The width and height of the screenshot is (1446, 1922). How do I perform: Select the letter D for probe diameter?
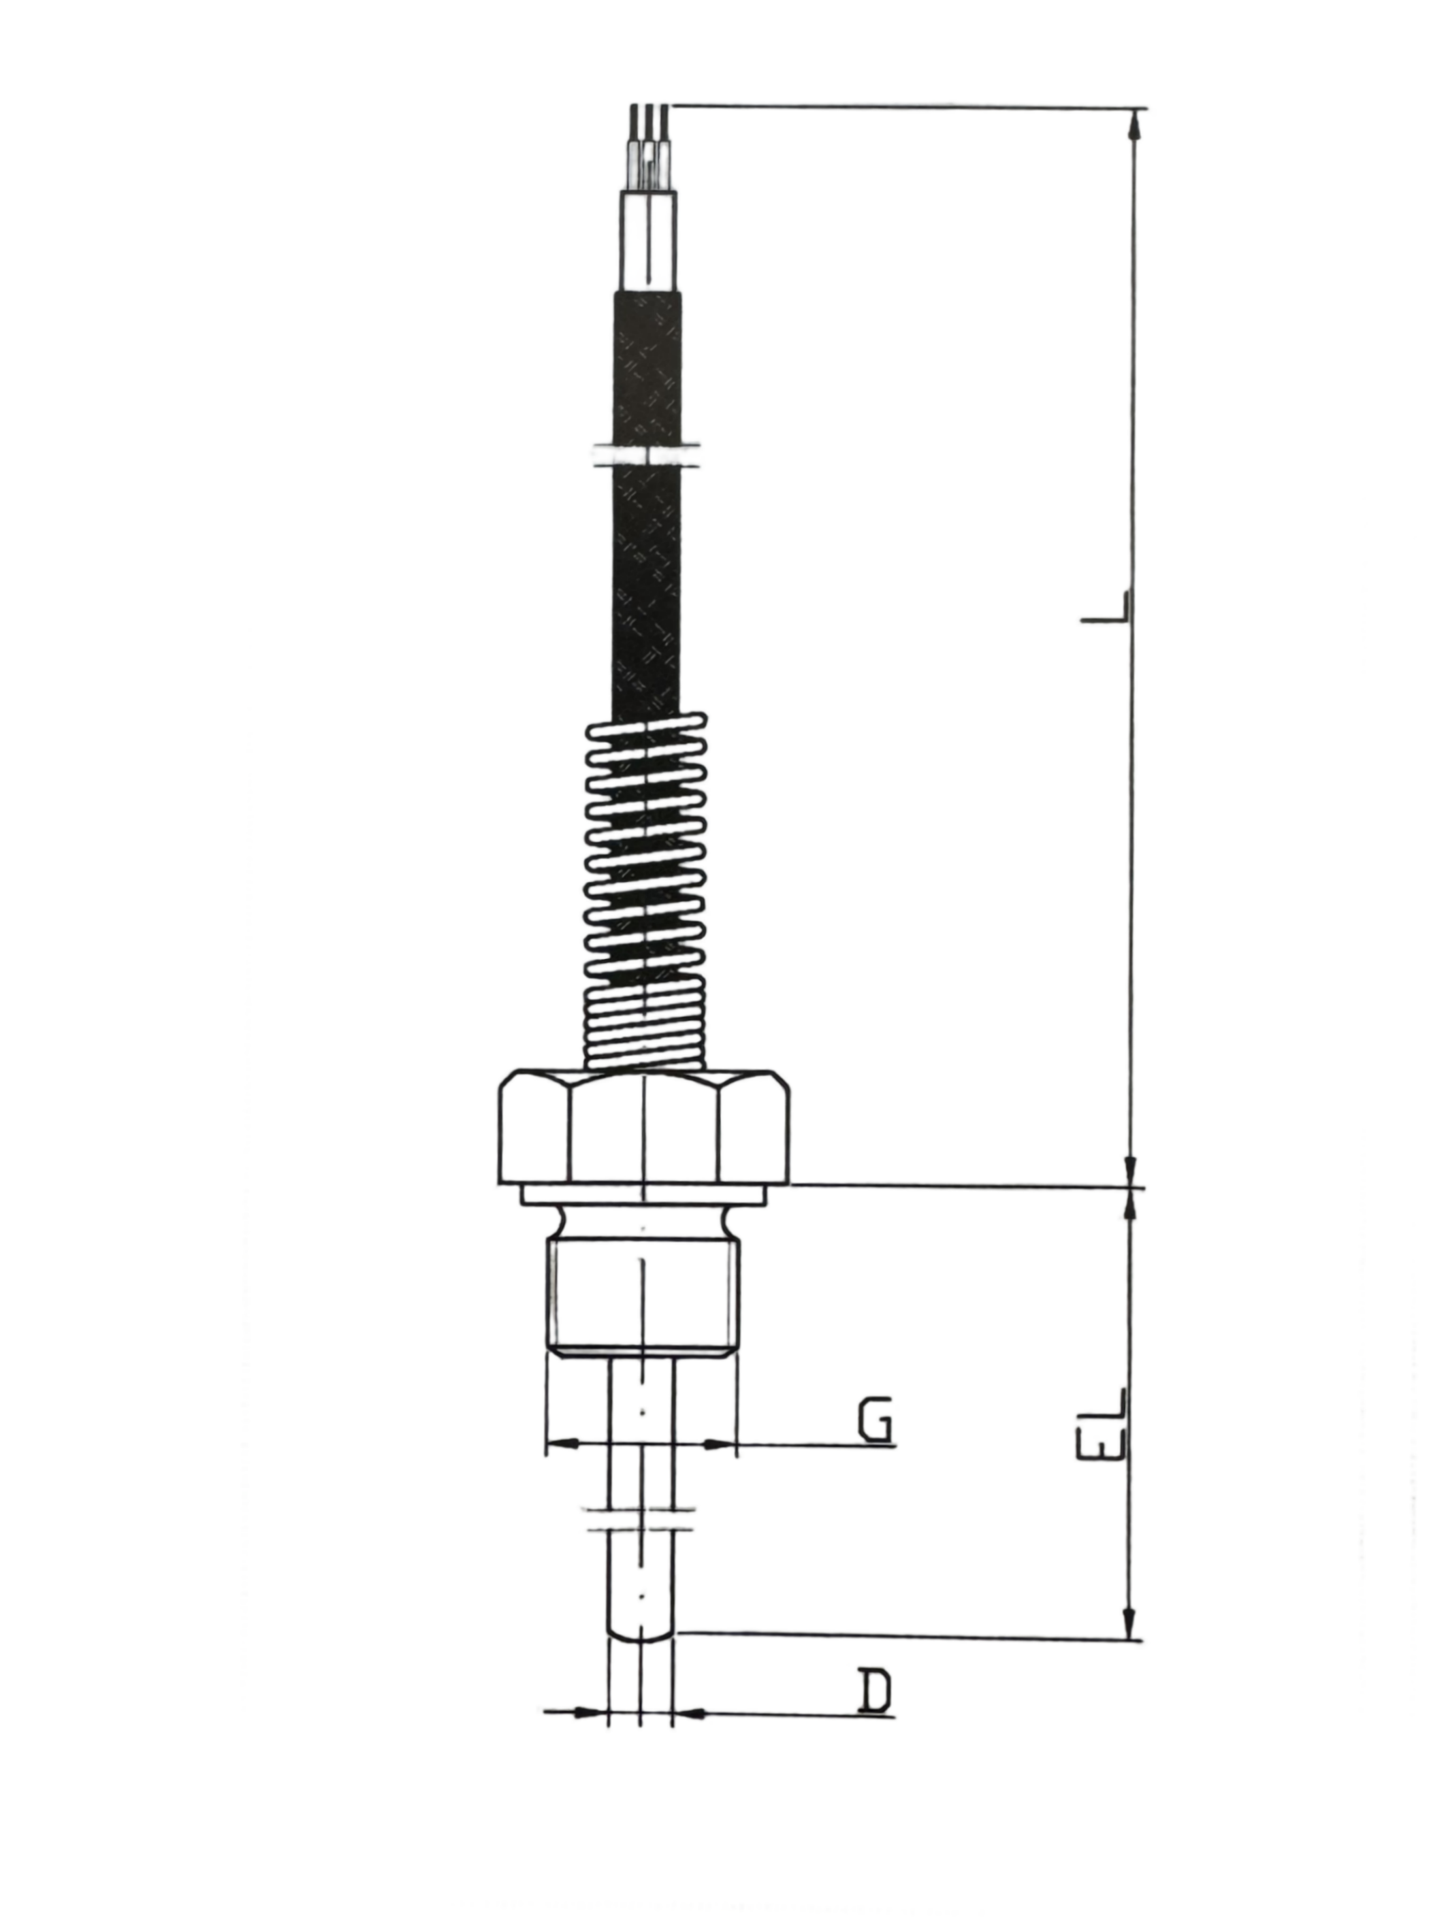point(875,1690)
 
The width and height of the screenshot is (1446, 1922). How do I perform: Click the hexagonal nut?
point(643,1127)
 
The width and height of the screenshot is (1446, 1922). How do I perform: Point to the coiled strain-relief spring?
point(644,891)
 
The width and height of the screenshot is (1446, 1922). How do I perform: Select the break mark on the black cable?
point(645,453)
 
